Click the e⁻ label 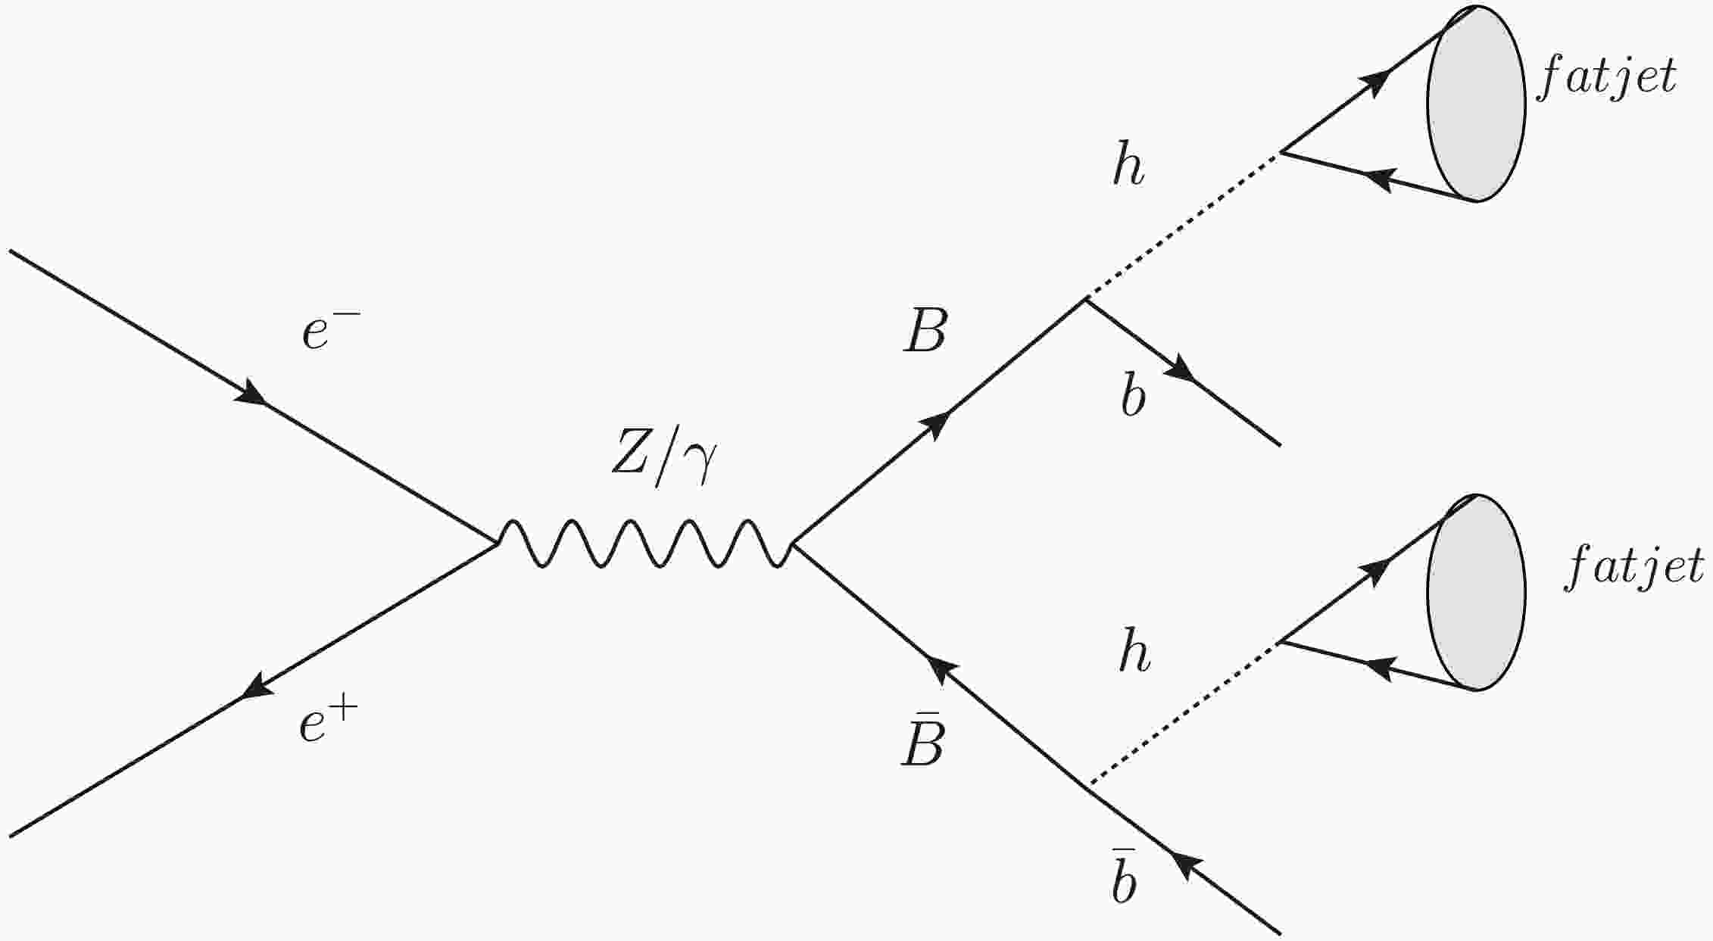click(324, 332)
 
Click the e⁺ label click(323, 724)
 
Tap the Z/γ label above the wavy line click(663, 464)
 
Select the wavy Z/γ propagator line click(644, 544)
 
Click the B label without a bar click(925, 332)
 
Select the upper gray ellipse click(1476, 104)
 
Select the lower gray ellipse click(1476, 593)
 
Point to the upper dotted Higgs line click(1183, 224)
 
